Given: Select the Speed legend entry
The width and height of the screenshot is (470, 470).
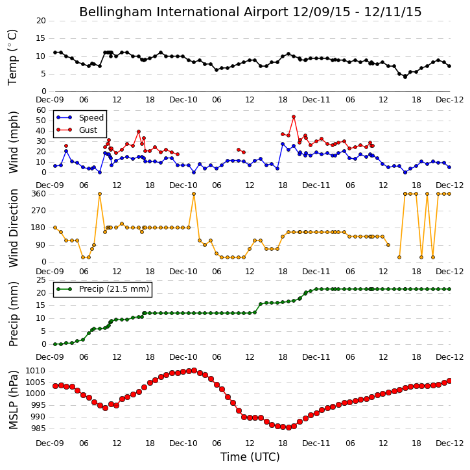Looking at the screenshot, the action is [x=80, y=118].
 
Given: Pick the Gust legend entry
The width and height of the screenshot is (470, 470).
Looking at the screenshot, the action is [x=77, y=130].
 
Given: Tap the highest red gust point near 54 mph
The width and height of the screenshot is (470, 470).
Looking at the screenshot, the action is [x=294, y=117].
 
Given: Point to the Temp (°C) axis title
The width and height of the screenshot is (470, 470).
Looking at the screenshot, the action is [x=12, y=57].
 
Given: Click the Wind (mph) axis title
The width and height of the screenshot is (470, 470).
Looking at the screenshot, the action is [x=13, y=142].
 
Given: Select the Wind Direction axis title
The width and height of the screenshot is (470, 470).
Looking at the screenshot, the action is [x=13, y=228].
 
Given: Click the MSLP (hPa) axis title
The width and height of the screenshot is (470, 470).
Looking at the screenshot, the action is [x=13, y=399].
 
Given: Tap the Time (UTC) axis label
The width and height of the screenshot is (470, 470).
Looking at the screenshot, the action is [x=250, y=457].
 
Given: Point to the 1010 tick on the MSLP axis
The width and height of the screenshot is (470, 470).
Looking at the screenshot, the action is [x=36, y=371].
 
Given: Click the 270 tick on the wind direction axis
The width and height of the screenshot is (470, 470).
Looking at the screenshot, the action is [x=40, y=211].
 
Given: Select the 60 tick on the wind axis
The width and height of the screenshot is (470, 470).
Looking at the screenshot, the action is [x=41, y=110].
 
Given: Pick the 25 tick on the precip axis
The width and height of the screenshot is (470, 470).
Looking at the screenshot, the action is [x=41, y=280].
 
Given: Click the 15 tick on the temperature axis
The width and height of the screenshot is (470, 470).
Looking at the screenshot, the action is [x=41, y=38].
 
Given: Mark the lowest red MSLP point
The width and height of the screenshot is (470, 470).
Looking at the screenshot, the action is [x=288, y=427].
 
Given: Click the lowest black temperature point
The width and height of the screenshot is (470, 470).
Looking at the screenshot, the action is [x=405, y=76].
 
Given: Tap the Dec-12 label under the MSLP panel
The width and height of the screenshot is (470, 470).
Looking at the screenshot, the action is [x=450, y=443].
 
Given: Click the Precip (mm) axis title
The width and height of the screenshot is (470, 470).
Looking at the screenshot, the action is [x=13, y=314].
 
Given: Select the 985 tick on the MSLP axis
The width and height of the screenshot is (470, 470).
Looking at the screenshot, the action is [x=38, y=429].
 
